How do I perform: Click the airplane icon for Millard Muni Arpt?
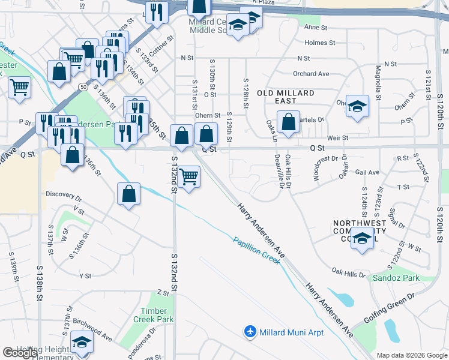[250, 332]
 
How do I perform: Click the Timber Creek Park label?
[157, 315]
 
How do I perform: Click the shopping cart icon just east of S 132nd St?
[188, 177]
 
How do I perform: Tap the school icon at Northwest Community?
[362, 238]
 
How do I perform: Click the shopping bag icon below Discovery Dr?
[128, 194]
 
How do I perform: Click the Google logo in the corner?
[20, 353]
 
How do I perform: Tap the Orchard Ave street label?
[311, 74]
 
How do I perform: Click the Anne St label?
[316, 28]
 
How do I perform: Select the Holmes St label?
[320, 43]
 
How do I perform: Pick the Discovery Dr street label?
[64, 196]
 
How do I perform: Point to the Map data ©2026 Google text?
[411, 355]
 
